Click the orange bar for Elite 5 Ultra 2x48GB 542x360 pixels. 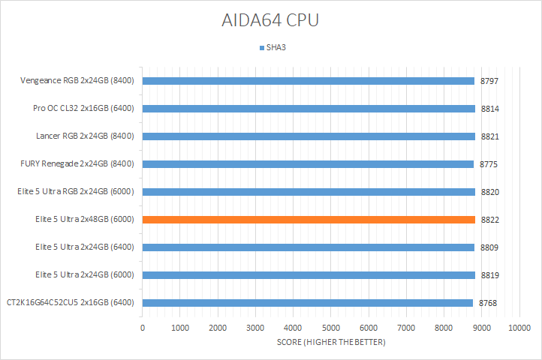[309, 220]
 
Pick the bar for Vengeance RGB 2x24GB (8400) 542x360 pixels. [308, 81]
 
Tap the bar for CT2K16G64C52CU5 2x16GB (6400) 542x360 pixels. [307, 303]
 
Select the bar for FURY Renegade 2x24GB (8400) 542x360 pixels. [308, 164]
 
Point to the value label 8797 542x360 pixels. [490, 81]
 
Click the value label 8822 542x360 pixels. [490, 220]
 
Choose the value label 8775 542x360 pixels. [489, 164]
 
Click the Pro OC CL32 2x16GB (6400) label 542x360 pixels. [83, 109]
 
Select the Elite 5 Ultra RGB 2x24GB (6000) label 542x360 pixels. [75, 192]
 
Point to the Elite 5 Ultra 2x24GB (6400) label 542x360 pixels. [84, 247]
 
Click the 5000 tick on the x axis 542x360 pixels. [330, 328]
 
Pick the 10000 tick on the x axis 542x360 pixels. [519, 328]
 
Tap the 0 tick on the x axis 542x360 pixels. [143, 328]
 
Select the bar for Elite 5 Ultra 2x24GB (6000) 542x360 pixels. [309, 275]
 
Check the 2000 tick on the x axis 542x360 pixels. [218, 328]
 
